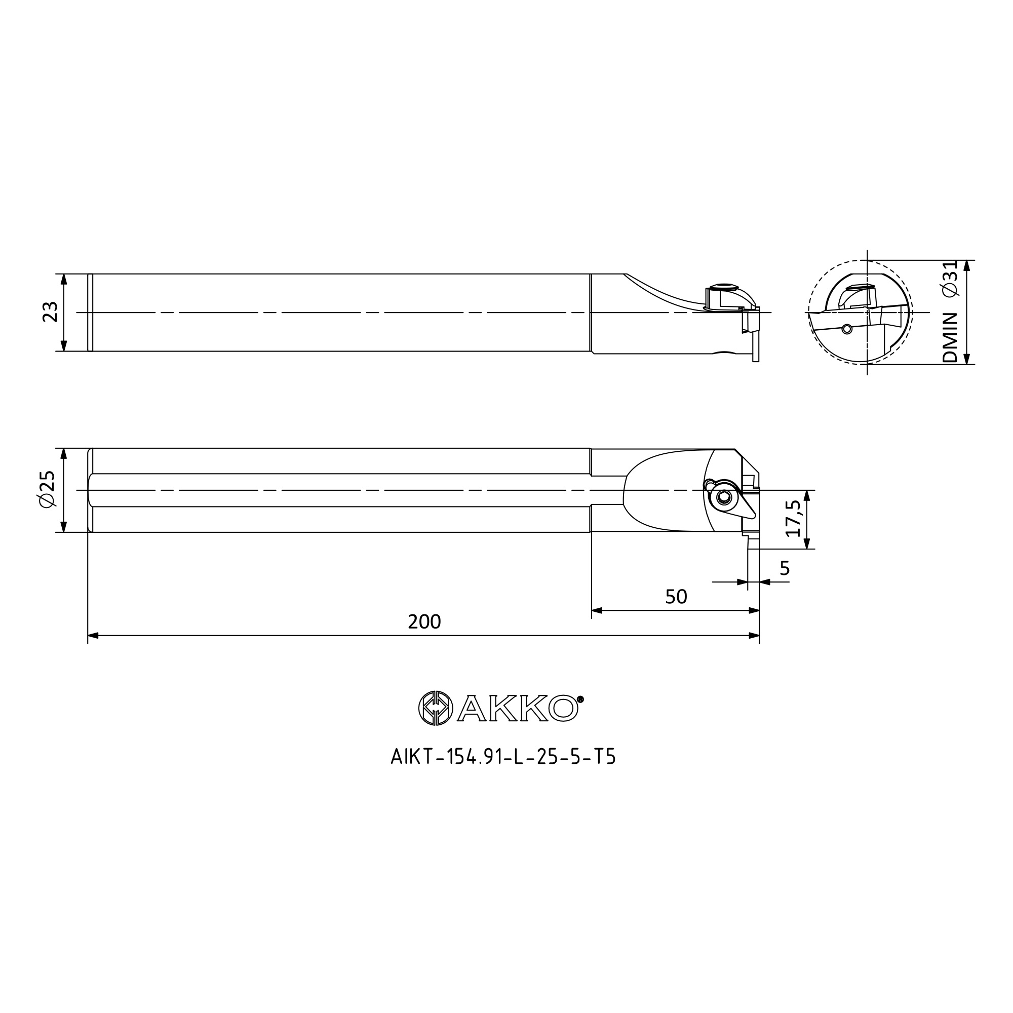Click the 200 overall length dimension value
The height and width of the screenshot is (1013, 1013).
pos(424,622)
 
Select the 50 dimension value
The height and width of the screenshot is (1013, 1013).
pos(676,597)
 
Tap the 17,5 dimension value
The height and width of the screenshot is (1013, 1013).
pos(793,518)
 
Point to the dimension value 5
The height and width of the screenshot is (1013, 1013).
pos(785,568)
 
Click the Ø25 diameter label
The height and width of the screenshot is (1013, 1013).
pos(47,489)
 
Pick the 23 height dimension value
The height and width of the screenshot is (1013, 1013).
pos(50,312)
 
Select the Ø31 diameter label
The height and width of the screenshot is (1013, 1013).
pos(950,279)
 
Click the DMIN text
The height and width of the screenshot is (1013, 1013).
pos(950,338)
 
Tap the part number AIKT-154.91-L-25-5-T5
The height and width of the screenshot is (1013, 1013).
pos(503,757)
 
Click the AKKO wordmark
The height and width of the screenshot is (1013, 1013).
pos(518,709)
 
